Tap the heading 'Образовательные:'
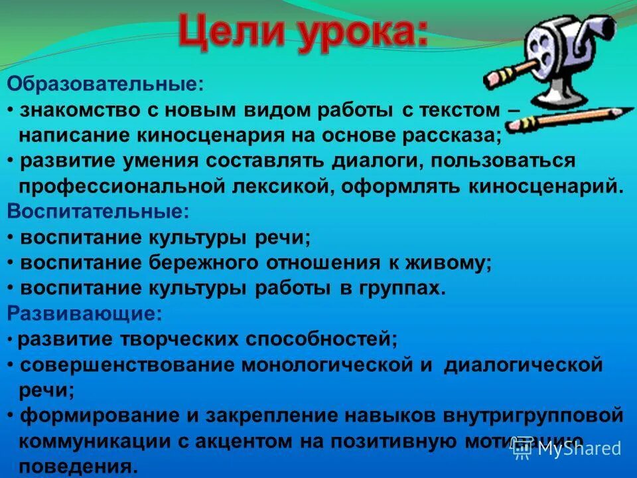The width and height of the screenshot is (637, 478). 106,84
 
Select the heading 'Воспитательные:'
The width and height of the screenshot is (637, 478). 98,211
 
